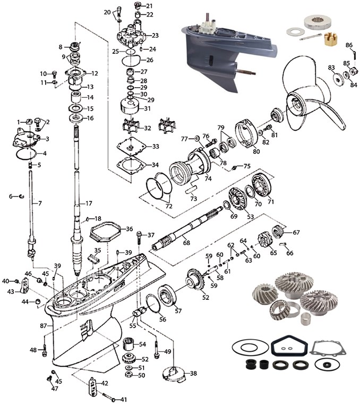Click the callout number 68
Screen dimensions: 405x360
tap(186, 243)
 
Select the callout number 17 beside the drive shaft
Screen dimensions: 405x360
tap(89, 203)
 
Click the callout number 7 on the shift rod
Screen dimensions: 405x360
tap(38, 203)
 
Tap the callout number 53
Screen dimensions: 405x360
tap(250, 217)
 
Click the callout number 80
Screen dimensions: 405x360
tap(256, 150)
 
